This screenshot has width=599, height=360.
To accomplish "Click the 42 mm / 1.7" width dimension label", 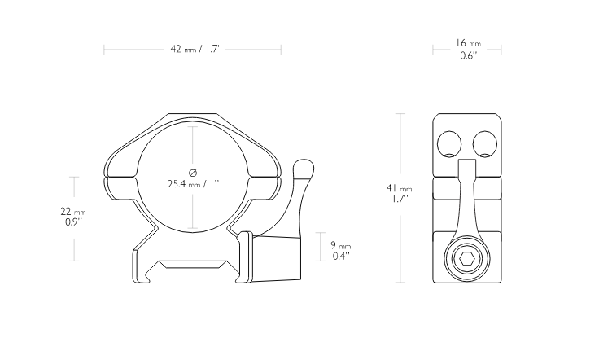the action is (x=196, y=50).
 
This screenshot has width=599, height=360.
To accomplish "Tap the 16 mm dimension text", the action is (x=468, y=43).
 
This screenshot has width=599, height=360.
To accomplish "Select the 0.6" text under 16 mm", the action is (x=468, y=56).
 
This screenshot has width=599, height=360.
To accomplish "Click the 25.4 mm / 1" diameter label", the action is (x=194, y=184).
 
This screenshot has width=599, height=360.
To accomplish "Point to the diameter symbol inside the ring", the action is (x=193, y=173).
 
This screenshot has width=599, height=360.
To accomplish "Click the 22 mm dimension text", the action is (x=73, y=211).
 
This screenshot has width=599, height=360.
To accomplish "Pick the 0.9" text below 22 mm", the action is (x=73, y=222).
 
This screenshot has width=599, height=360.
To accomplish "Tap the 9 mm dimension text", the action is (x=341, y=245).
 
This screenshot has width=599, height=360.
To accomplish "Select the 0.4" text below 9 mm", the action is (x=341, y=256).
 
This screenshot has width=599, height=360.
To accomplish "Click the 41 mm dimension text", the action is (x=400, y=188).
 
